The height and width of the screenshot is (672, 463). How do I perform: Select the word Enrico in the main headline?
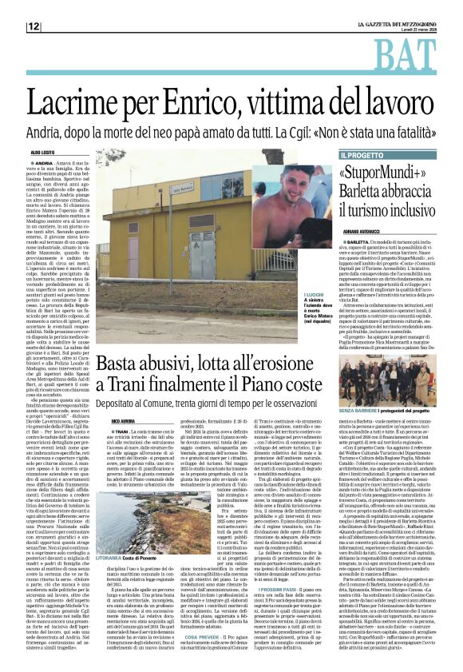point(231,94)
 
